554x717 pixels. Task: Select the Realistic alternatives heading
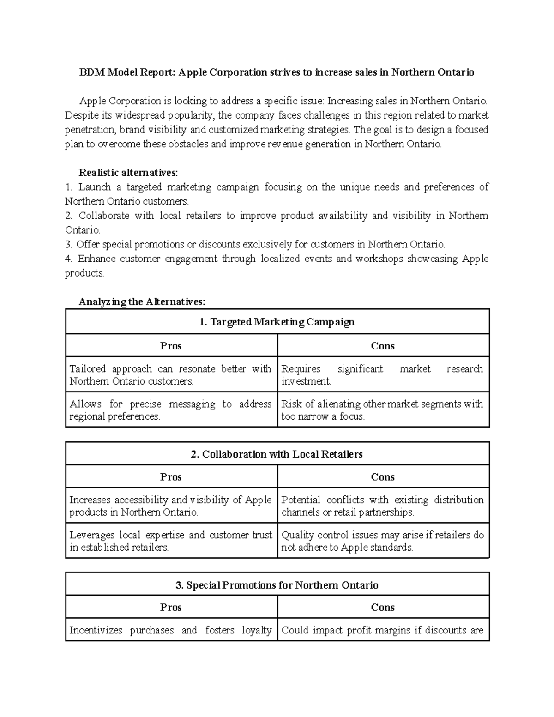[x=128, y=173]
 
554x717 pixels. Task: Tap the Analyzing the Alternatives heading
[x=142, y=302]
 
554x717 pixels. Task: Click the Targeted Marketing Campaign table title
[x=277, y=322]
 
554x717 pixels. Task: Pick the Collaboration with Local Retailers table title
[x=277, y=454]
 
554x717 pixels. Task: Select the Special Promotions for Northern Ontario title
[x=277, y=585]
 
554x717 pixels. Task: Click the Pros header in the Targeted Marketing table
[x=171, y=346]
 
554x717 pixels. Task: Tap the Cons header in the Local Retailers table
[x=383, y=477]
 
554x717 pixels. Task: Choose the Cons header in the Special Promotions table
[x=383, y=607]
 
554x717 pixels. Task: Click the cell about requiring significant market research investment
[x=382, y=375]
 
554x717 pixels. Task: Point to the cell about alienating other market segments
[x=382, y=410]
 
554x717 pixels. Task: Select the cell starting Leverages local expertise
[x=171, y=541]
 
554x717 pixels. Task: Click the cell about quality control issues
[x=382, y=541]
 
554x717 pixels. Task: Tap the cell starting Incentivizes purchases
[x=171, y=630]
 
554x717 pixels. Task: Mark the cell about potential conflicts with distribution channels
[x=382, y=506]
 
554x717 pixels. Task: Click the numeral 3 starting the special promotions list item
[x=68, y=244]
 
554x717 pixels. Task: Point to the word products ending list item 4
[x=84, y=273]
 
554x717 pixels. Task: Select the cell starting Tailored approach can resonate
[x=171, y=375]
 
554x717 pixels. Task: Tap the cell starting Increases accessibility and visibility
[x=171, y=506]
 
